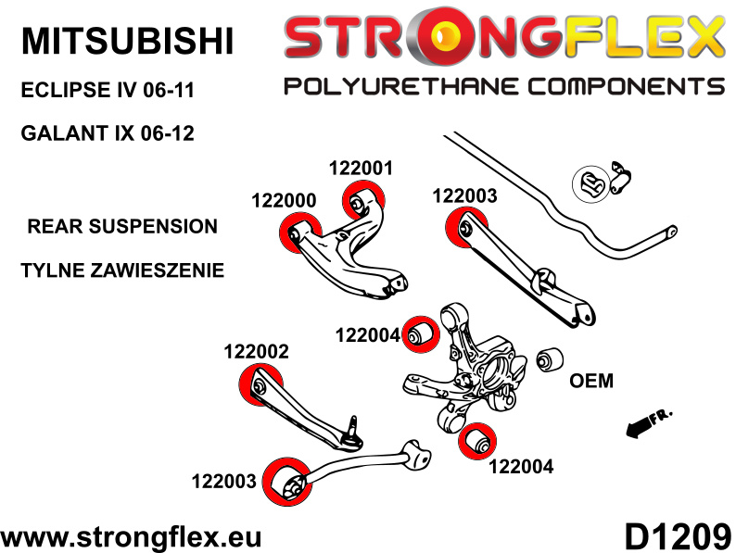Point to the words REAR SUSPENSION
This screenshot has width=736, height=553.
point(122,226)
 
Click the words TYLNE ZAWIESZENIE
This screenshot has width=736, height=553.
point(121,271)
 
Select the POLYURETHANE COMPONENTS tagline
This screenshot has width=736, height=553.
point(503,87)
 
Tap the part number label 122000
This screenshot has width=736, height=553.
point(284,201)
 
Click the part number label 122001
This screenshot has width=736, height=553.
point(361,169)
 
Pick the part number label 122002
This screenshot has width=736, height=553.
point(256,352)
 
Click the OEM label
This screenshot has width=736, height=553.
point(591,380)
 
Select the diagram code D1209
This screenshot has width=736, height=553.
point(671,536)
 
